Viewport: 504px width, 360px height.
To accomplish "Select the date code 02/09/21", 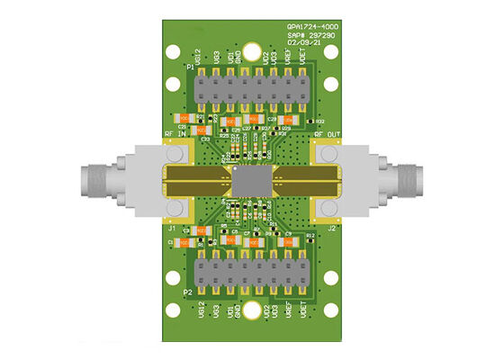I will pos(304,41).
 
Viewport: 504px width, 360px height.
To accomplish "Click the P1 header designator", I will pos(190,68).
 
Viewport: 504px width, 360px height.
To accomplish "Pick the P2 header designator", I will pos(188,292).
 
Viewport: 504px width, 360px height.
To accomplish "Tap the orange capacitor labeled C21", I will pos(184,119).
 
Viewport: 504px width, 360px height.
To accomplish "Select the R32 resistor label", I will pos(320,121).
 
